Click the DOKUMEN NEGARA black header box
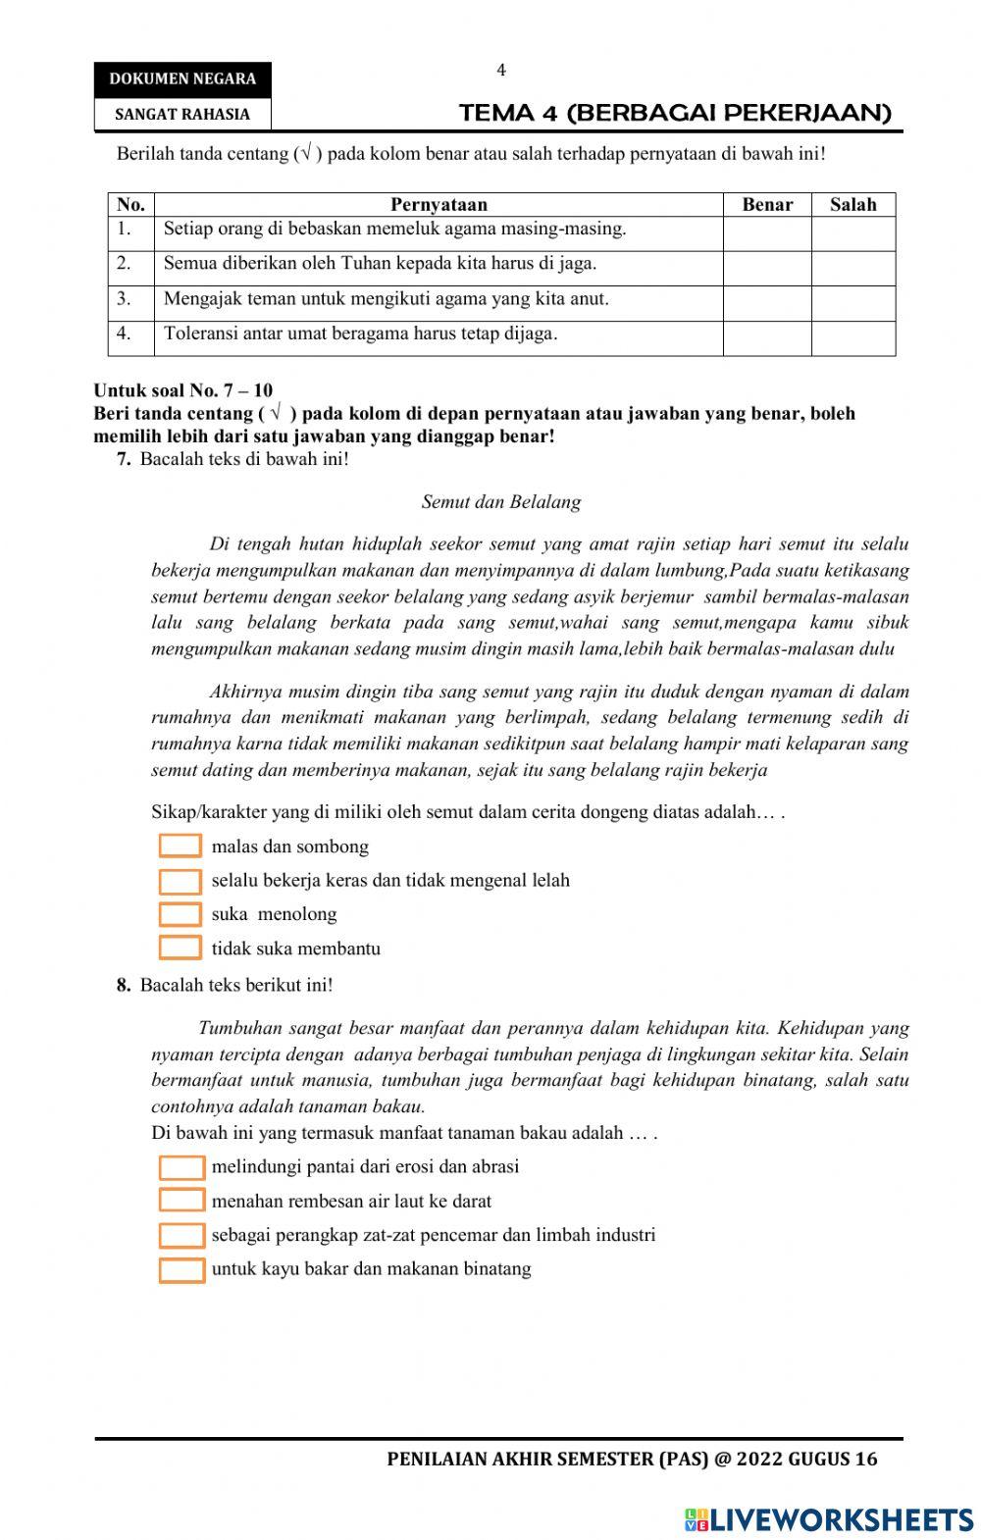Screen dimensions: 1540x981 click(182, 79)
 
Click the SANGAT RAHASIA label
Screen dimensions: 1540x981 click(182, 114)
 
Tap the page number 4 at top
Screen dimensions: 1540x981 click(501, 71)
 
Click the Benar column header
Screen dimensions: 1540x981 click(767, 205)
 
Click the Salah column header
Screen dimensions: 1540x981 click(852, 205)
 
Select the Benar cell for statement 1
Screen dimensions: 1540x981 click(767, 233)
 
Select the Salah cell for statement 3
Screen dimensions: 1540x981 click(852, 303)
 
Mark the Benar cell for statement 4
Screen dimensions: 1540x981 click(767, 337)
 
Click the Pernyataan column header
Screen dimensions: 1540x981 click(439, 205)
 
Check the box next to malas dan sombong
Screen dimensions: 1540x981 click(181, 847)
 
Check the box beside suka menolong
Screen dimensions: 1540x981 click(181, 914)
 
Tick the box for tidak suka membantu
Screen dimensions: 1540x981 click(181, 949)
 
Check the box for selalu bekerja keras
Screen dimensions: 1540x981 click(181, 881)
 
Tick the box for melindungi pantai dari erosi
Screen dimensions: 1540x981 click(181, 1167)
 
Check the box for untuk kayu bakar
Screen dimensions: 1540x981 click(181, 1269)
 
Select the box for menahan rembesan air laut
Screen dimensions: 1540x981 click(181, 1201)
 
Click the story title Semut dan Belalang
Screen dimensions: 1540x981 click(501, 502)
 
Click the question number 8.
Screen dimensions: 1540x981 click(124, 985)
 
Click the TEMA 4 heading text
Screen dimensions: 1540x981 click(675, 113)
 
